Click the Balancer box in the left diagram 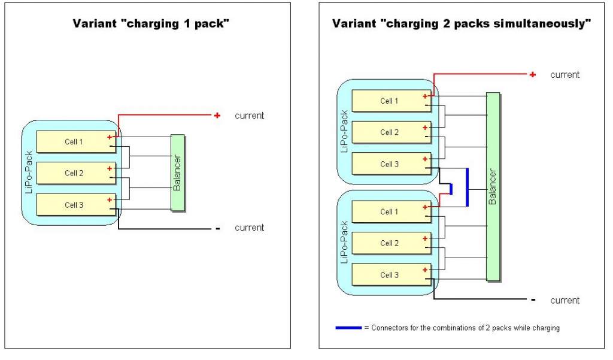click(177, 173)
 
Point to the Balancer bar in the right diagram click(493, 187)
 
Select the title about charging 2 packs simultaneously click(462, 25)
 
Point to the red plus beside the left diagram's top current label click(217, 115)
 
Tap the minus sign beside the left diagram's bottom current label click(217, 228)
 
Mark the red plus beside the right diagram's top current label click(532, 74)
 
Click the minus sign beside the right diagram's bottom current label click(532, 300)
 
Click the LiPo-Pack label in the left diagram click(29, 174)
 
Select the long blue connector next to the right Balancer click(467, 187)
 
